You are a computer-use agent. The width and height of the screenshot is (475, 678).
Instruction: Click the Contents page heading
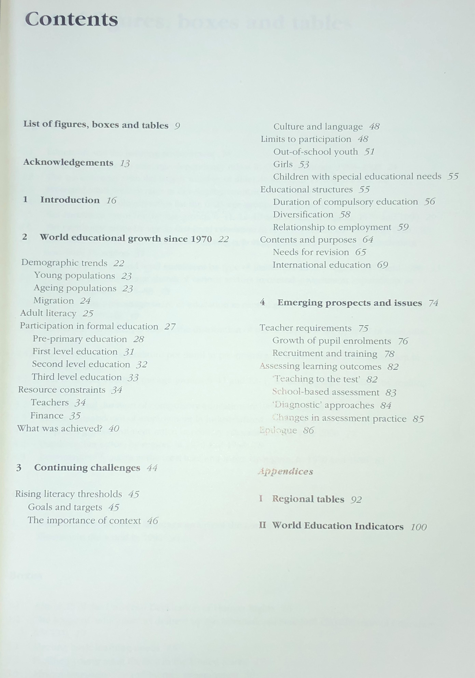point(72,19)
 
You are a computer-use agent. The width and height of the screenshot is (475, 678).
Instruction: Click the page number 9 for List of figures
point(177,126)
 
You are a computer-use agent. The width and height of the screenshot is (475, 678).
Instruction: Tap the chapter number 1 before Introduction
point(25,200)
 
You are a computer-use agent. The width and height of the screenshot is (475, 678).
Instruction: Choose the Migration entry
point(54,301)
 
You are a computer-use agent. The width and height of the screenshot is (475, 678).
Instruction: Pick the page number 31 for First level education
point(129,352)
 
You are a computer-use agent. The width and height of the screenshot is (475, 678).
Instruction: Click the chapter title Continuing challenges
point(87,468)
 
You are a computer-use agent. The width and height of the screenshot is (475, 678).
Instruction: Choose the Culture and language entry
point(318,127)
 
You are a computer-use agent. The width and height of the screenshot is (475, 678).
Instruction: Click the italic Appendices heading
point(285,472)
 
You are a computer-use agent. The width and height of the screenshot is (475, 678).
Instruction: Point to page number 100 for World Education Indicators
point(418,527)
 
